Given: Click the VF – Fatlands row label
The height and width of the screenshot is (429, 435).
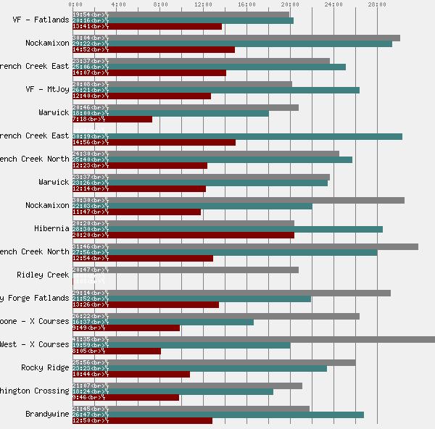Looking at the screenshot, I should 41,20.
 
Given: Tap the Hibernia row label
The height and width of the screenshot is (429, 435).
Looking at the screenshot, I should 51,228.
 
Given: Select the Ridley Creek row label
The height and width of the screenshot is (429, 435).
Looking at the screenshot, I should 43,275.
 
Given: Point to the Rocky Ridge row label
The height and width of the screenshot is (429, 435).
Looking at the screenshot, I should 45,367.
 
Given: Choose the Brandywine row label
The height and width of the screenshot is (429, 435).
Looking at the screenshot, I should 45,414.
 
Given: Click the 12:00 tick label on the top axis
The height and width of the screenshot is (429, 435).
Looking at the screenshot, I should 204,4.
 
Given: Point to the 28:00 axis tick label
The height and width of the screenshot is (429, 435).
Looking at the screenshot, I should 377,4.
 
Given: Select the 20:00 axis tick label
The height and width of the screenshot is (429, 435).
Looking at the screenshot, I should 291,4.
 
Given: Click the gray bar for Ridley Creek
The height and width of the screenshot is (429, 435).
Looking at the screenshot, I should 185,270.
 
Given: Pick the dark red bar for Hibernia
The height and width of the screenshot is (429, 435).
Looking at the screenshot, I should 183,235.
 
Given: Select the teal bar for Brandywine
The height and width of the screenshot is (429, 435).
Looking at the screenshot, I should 217,415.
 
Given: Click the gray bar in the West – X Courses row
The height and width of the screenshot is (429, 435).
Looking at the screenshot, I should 253,339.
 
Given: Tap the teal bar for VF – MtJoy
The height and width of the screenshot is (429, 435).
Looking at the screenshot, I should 215,90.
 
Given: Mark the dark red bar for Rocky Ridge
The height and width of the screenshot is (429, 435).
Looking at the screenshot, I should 130,374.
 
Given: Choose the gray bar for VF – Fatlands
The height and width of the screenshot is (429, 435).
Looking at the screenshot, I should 181,14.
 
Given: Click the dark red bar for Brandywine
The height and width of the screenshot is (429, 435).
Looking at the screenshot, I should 142,420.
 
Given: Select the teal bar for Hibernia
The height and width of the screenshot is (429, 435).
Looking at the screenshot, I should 227,229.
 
